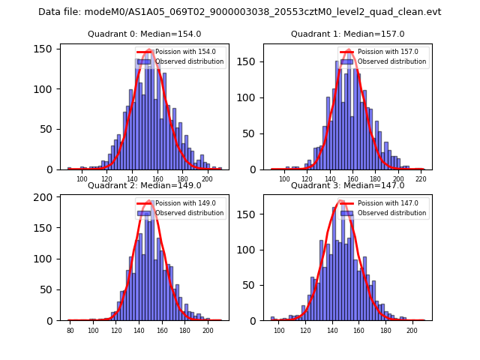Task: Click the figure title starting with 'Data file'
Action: click(240, 12)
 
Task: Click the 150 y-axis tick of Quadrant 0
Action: click(45, 49)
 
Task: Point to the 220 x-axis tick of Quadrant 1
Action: click(421, 179)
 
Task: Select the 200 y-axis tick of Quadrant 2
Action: click(45, 197)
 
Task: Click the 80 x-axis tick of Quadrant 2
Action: click(70, 331)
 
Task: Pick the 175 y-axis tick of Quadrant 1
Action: click(250, 57)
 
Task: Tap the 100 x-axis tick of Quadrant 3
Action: click(279, 331)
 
